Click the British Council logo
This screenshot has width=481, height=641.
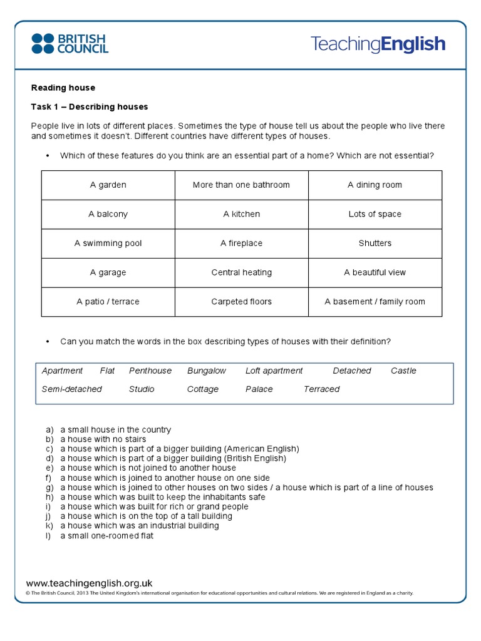point(70,43)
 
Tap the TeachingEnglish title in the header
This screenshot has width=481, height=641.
point(378,44)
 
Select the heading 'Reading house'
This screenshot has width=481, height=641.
point(63,88)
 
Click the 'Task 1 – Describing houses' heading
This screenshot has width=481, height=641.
point(90,107)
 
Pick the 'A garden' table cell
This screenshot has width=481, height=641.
point(108,185)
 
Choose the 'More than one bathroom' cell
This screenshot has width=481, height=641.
point(241,185)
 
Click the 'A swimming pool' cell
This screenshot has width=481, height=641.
point(108,244)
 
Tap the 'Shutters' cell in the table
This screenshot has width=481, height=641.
point(375,244)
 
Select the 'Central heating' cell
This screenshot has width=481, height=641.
point(241,272)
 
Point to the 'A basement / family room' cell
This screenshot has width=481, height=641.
point(375,302)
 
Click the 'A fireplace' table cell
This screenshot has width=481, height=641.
point(241,244)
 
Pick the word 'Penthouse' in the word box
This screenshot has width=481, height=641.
point(150,371)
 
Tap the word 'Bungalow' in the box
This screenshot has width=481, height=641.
point(207,371)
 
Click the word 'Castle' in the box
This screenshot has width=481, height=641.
point(403,371)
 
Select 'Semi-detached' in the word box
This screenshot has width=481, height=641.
point(71,389)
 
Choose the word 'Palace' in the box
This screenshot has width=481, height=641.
point(259,389)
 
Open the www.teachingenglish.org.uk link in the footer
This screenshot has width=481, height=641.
point(89,583)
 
